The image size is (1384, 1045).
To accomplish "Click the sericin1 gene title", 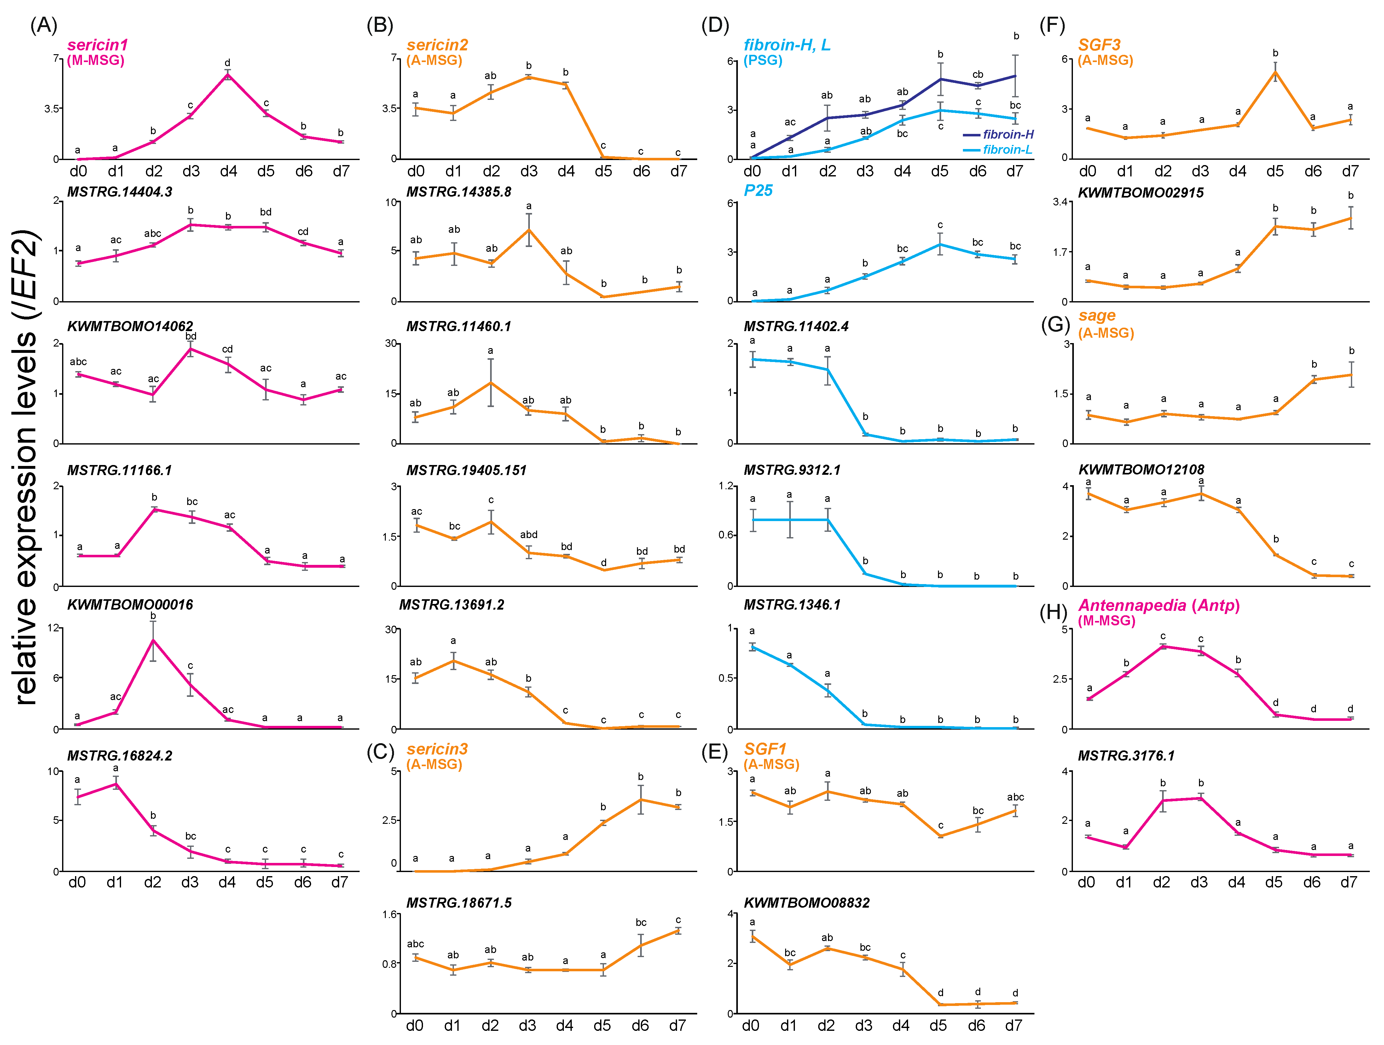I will point(98,45).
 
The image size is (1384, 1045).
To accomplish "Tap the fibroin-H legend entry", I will point(1007,135).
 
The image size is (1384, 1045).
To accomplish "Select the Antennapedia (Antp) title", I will point(1159,606).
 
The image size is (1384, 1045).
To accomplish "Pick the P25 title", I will point(758,191).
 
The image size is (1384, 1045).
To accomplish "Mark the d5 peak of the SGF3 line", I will point(1275,72).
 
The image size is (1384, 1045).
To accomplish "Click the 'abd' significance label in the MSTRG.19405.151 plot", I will point(529,535).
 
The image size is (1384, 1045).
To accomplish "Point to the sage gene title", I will point(1097,316).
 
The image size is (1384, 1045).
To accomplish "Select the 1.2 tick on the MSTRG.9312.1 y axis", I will point(726,486).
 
